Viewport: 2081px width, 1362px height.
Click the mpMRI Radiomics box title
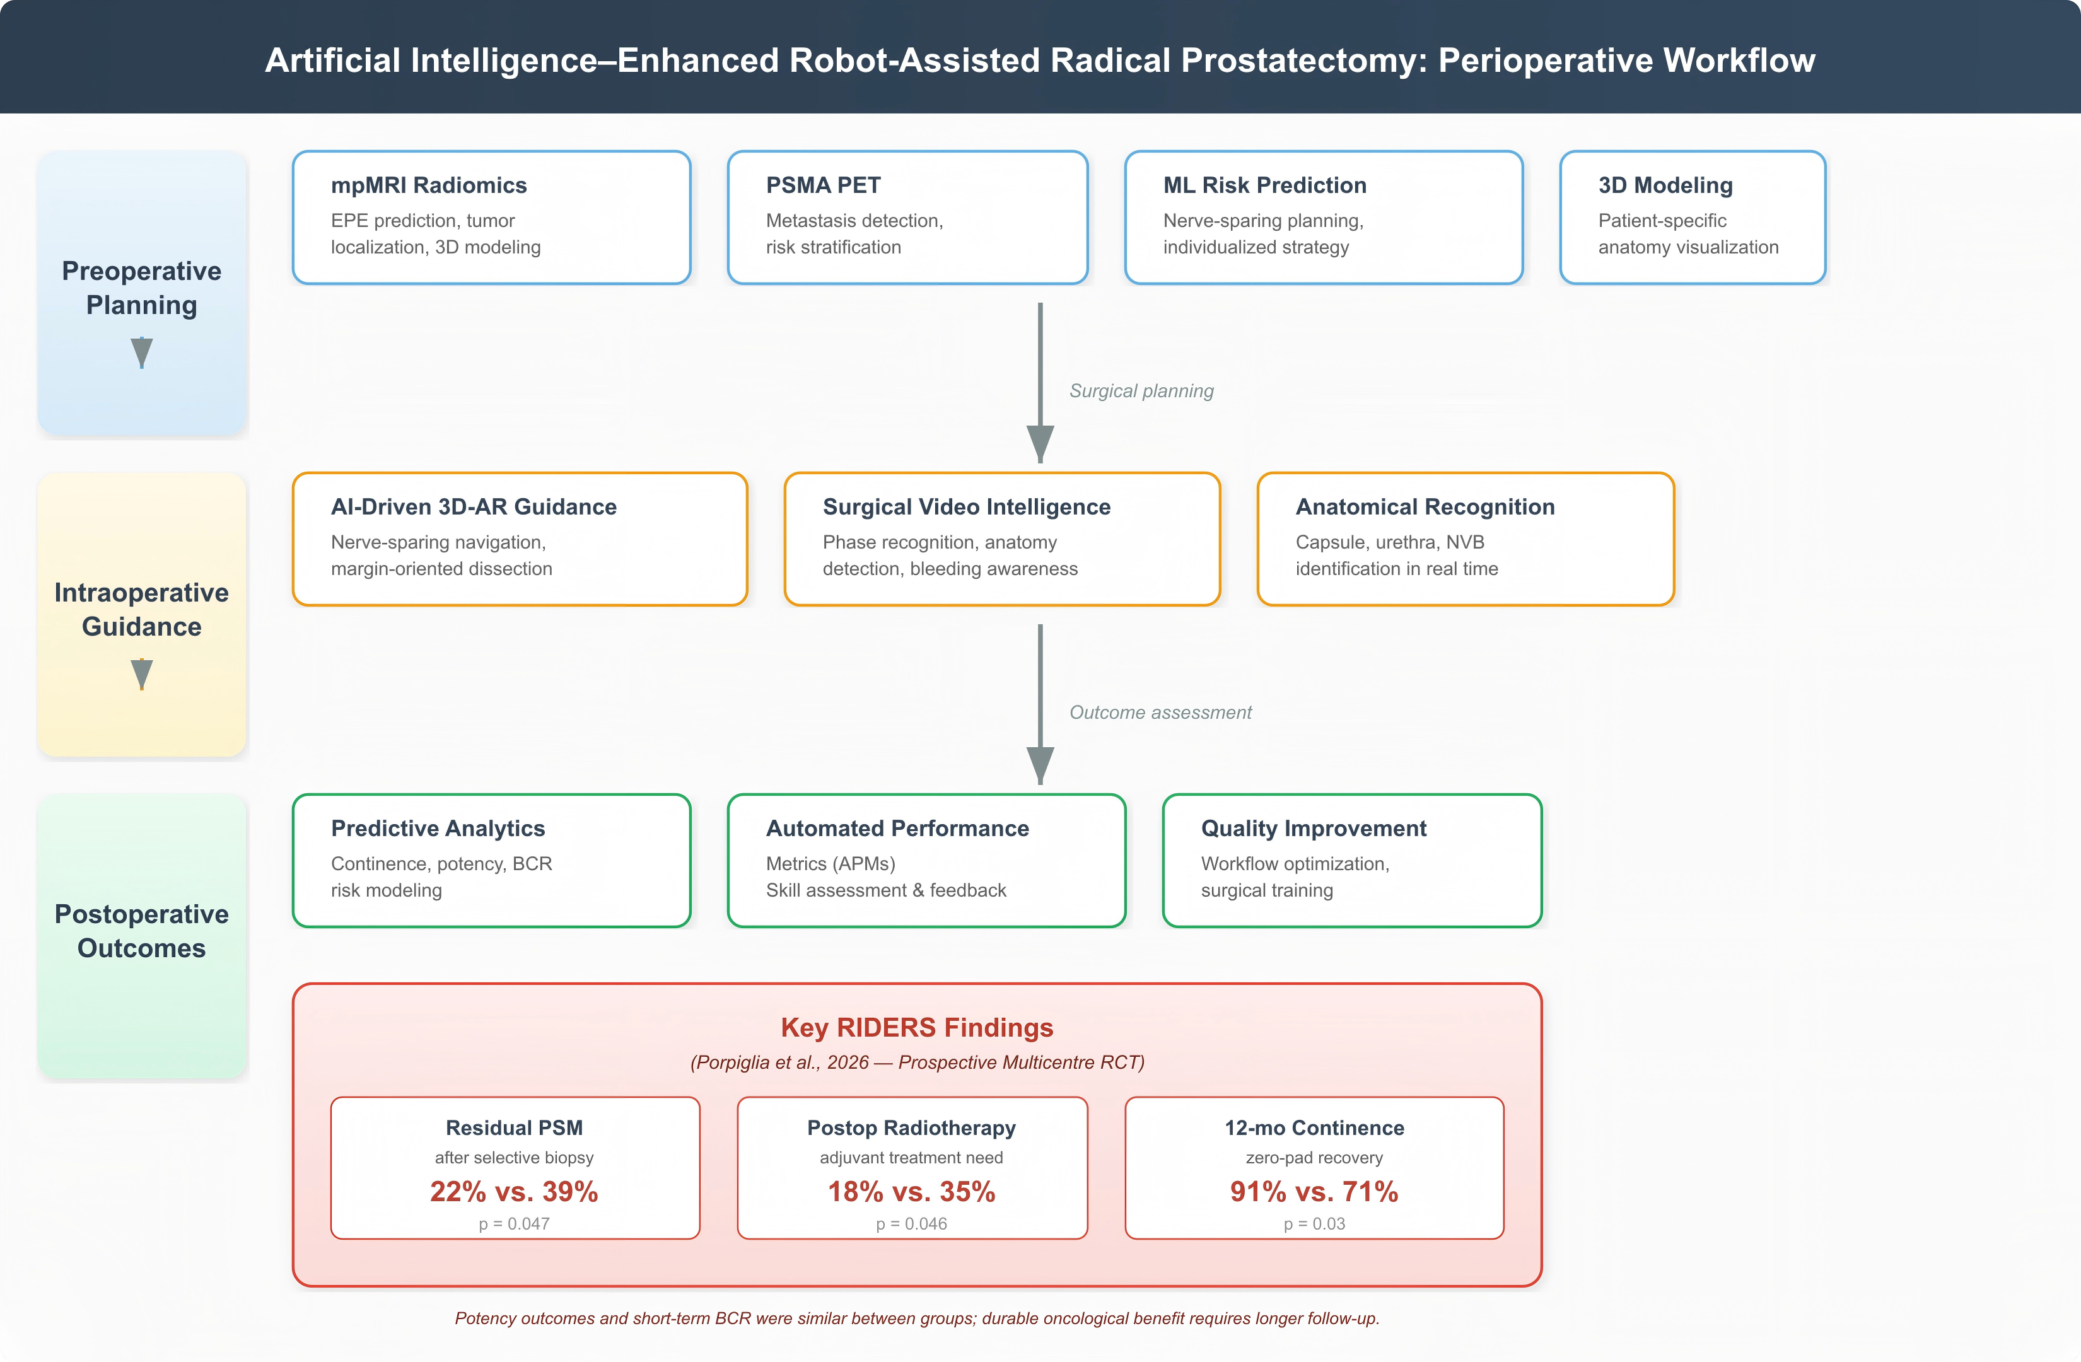[428, 185]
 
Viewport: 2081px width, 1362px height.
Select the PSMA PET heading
[823, 185]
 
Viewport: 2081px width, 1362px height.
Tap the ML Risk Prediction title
[1264, 185]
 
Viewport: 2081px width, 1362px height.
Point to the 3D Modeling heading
[1665, 185]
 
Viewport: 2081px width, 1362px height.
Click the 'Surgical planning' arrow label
[1141, 391]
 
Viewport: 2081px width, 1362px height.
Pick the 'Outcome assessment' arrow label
[1160, 713]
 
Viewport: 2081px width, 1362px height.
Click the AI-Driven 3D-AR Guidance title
[473, 507]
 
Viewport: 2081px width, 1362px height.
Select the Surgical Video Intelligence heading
[966, 507]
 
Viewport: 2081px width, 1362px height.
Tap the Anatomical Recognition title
[1425, 507]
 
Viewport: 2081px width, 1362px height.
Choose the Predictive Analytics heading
[437, 828]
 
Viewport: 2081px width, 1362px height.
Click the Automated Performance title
[897, 828]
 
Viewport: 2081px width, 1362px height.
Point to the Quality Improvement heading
[1314, 828]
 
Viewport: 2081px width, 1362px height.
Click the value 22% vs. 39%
[514, 1192]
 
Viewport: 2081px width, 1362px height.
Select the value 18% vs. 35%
[912, 1192]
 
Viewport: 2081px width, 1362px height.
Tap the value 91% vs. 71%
[1314, 1192]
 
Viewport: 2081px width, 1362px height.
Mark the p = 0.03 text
[1314, 1224]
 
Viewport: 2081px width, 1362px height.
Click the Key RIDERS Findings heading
[917, 1027]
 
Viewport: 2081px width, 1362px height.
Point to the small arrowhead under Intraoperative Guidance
[142, 674]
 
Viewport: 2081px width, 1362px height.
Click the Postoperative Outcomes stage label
[142, 931]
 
